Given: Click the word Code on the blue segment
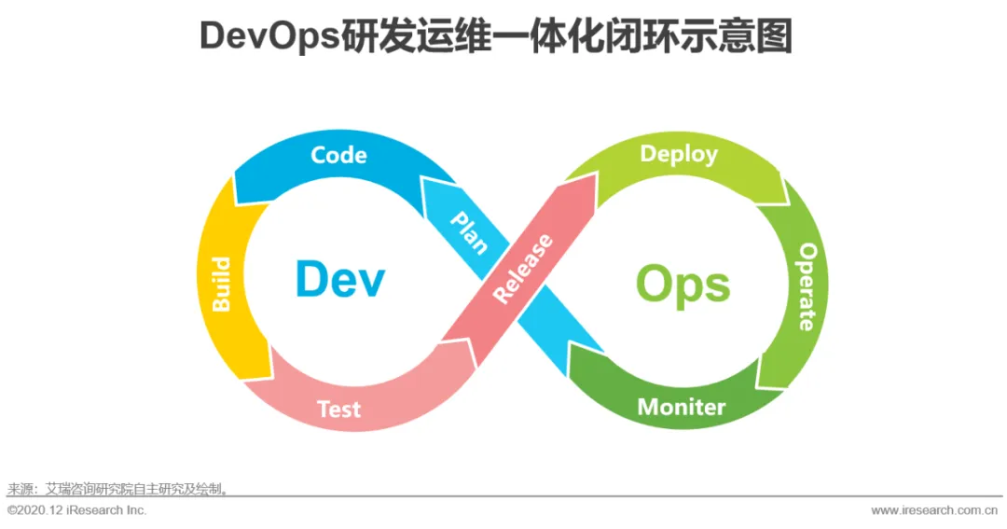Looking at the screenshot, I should (x=338, y=155).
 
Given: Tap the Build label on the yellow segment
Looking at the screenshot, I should (x=222, y=285).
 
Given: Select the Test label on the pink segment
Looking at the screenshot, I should (x=338, y=409).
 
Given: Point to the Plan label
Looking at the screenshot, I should (x=469, y=232).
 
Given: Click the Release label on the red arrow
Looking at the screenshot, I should (x=523, y=269).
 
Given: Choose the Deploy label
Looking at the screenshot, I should (x=679, y=154).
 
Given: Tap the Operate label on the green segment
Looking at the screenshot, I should (x=807, y=287).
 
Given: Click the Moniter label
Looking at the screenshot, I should (x=681, y=407).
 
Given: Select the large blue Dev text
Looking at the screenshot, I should (x=339, y=279).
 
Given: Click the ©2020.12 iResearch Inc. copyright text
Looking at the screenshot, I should (x=77, y=510).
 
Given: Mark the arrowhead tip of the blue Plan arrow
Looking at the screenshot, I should (x=425, y=180).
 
